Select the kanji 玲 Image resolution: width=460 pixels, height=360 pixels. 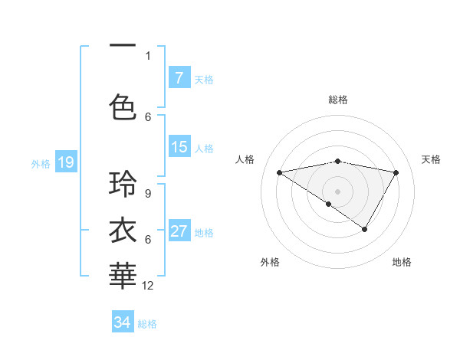coord(123,185)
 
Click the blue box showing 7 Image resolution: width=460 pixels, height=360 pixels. coord(179,78)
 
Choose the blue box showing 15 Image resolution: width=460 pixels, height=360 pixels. coord(179,148)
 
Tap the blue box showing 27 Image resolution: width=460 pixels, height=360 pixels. coord(179,232)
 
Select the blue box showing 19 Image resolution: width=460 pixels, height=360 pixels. coord(65,162)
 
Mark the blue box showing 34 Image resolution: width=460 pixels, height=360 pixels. coord(123,322)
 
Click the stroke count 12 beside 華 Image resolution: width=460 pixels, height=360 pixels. coord(148,286)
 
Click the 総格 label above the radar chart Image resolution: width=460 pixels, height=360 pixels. coord(337,100)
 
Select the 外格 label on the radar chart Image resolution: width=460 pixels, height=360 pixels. coord(270,262)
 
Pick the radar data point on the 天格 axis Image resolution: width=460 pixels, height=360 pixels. coord(396,173)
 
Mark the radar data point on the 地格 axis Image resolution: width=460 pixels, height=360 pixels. coord(365,229)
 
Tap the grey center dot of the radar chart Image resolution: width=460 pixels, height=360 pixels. coord(337,191)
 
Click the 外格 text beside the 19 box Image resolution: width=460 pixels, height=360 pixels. coord(40,163)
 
